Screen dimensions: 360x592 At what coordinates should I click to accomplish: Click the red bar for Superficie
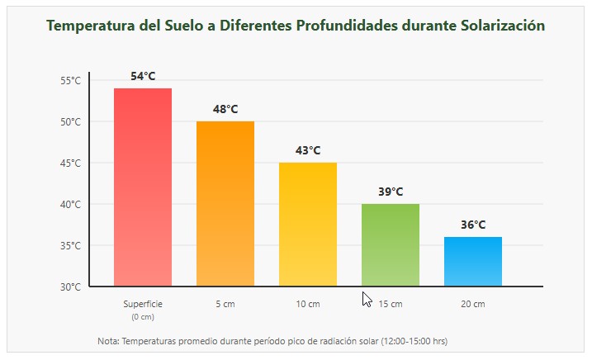143,187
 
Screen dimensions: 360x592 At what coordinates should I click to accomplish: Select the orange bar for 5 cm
225,204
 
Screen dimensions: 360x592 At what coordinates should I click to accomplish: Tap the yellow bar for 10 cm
308,225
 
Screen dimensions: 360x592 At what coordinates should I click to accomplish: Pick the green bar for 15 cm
391,245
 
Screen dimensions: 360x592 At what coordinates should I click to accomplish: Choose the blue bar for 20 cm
473,262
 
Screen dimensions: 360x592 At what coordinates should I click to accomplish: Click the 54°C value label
143,76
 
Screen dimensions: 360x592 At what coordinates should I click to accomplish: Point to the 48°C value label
225,109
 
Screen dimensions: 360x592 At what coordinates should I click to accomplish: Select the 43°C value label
308,150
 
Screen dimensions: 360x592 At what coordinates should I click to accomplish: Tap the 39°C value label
391,192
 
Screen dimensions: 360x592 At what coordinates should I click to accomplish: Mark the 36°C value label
473,225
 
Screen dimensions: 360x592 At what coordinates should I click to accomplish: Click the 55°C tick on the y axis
70,80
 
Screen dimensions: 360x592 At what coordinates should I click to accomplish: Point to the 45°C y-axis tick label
70,163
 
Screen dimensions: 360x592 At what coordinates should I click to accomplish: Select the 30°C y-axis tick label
70,287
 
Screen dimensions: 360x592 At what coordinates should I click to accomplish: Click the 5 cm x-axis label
225,304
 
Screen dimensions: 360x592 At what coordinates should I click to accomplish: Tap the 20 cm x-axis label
473,304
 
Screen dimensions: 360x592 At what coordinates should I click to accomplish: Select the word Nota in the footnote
107,340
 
